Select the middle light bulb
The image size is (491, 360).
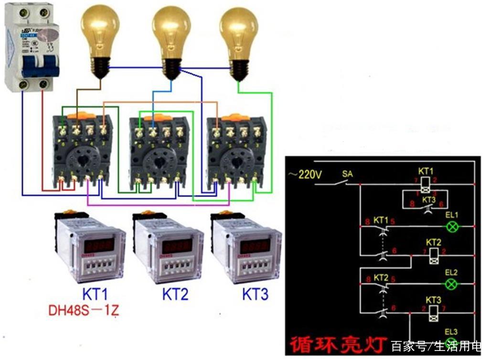tap(171, 36)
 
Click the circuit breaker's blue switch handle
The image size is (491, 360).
tap(37, 66)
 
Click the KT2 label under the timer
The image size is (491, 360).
tap(175, 294)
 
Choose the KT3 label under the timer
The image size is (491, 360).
tap(255, 294)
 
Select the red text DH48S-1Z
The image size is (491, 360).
tap(84, 311)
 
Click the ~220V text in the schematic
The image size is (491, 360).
tap(305, 175)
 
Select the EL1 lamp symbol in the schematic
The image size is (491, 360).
tap(452, 226)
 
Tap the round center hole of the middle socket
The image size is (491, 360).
tap(159, 162)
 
